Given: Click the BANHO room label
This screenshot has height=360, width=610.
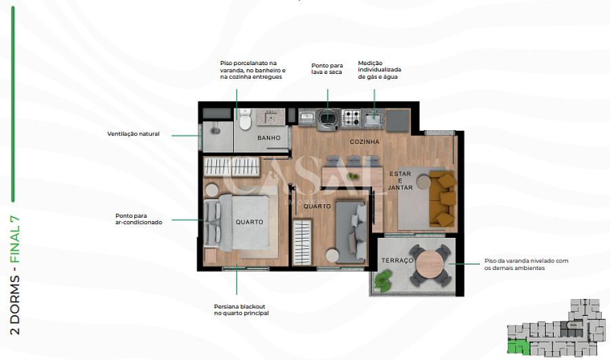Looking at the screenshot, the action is pos(269,138).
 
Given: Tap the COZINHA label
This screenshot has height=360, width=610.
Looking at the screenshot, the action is pos(365,142).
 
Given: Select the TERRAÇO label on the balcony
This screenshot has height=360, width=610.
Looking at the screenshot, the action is pos(396,260).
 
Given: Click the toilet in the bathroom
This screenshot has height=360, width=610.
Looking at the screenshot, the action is pos(245,119).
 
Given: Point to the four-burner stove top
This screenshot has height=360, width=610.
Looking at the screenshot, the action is pos(352,117).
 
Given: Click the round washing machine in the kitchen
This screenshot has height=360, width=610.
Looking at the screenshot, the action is pos(328,120).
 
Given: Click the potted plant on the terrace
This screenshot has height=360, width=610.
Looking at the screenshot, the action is pos(384,281).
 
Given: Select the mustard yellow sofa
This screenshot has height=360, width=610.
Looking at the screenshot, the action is pos(443,199).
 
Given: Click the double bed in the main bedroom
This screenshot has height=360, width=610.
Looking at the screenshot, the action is pos(237,223).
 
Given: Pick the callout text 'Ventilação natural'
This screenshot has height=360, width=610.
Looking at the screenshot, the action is pos(134,134).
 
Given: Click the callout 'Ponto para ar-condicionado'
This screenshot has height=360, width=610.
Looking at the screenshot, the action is pos(139,219).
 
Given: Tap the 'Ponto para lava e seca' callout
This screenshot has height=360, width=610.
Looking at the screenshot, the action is pos(327,69).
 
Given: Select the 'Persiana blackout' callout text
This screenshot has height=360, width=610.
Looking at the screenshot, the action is pos(241,310).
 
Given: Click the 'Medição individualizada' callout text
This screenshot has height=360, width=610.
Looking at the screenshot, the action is pos(380,70).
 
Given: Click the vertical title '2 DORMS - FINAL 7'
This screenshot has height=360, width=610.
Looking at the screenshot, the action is pos(15,275).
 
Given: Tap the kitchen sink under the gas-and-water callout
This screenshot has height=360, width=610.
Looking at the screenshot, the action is pos(373,118).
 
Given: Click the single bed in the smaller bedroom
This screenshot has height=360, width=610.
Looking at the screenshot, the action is pos(351,232).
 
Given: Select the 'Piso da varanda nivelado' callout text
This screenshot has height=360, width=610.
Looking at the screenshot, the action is pos(526,264).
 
